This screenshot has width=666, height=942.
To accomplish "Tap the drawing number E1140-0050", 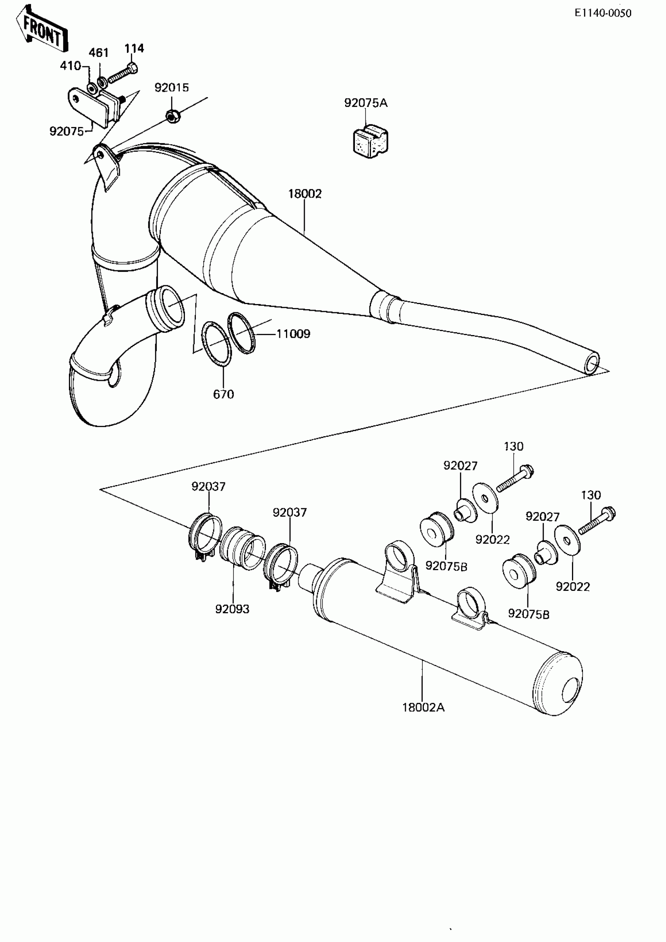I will click(603, 13).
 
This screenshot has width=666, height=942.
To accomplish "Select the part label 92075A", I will click(366, 103).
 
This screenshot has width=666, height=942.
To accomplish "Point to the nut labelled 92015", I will click(172, 116).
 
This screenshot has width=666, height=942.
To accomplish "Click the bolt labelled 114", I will click(123, 73).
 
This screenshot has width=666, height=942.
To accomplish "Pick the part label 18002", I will click(305, 194).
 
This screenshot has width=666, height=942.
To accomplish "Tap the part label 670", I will click(224, 394).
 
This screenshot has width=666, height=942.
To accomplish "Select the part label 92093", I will click(232, 609).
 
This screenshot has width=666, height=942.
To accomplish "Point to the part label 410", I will click(71, 66).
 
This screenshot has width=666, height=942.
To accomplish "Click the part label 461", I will click(99, 53).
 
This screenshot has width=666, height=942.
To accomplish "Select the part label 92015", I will click(172, 88).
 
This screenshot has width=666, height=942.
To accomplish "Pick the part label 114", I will click(134, 49).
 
